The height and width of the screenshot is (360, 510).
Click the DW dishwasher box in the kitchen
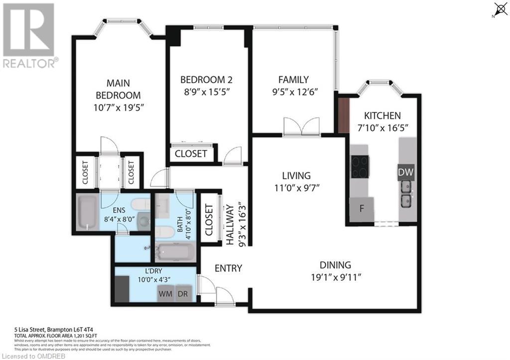[x=406, y=172]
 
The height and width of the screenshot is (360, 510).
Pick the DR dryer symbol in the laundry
[x=183, y=294]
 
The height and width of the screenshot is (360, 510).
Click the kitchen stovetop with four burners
[x=360, y=167]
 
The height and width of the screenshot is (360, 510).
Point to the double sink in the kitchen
[x=407, y=194]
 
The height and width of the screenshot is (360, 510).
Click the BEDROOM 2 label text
[x=206, y=80]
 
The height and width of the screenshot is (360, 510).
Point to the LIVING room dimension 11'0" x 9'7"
[x=296, y=188]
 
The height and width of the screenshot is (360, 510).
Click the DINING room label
[x=335, y=265]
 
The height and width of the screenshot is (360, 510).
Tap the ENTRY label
[x=228, y=268]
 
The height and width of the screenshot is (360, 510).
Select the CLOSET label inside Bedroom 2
[x=191, y=154]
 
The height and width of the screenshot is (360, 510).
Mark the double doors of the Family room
[x=301, y=127]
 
